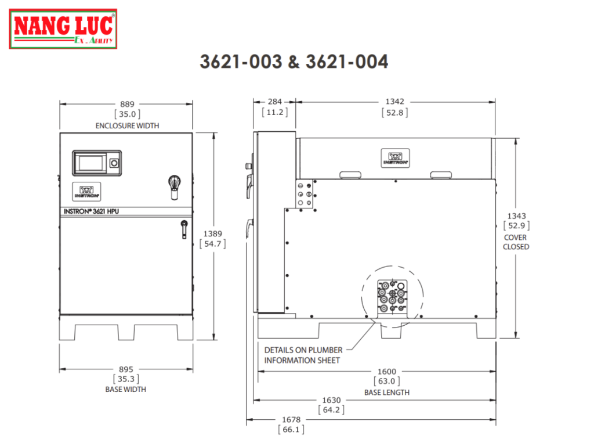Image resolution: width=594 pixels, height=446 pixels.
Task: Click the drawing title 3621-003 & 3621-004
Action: click(x=294, y=62)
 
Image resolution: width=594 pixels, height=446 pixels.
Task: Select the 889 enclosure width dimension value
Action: click(x=127, y=104)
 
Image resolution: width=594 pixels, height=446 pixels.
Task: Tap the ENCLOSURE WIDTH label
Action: click(x=127, y=125)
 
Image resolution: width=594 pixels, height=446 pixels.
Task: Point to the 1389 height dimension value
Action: click(x=212, y=233)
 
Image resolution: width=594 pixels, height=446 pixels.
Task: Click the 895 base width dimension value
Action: click(x=126, y=369)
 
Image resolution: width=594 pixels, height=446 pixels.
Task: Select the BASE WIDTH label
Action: click(x=126, y=389)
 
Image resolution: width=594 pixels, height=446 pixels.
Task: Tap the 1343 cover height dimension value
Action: click(x=516, y=216)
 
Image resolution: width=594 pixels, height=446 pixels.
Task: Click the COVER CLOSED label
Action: click(x=516, y=242)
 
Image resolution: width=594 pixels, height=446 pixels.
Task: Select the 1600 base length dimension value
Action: click(x=386, y=372)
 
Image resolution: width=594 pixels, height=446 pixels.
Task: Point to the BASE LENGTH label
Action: click(x=386, y=392)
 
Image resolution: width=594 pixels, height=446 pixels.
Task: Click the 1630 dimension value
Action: click(x=331, y=400)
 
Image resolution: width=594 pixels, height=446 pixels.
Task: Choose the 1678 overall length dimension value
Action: click(x=291, y=420)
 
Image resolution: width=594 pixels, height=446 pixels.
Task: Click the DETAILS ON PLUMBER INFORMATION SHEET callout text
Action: click(x=303, y=355)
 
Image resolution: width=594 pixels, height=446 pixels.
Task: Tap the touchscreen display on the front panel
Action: click(x=91, y=163)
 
